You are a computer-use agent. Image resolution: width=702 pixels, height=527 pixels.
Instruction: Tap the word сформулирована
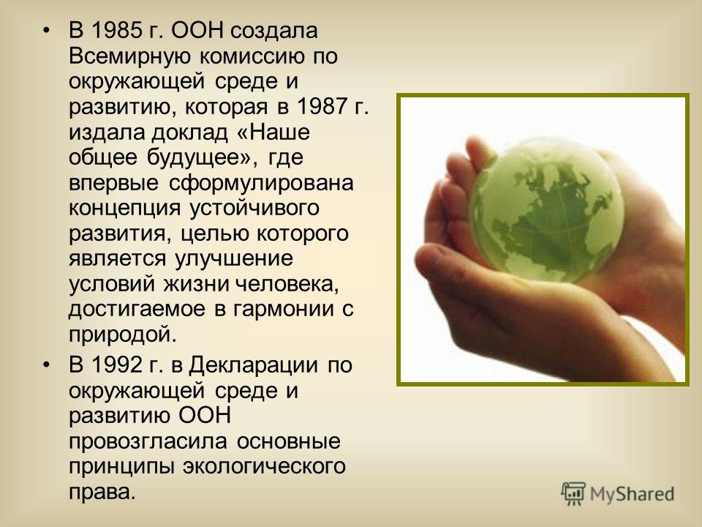(x=261, y=184)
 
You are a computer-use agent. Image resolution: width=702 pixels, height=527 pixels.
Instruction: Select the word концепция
(x=124, y=209)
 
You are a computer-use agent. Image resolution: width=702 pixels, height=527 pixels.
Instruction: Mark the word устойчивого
(x=254, y=209)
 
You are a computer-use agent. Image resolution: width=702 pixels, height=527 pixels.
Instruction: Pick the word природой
(x=123, y=334)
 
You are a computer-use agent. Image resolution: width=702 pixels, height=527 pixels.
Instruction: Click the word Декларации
(x=253, y=366)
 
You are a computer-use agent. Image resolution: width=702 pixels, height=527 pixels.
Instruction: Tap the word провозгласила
(x=148, y=442)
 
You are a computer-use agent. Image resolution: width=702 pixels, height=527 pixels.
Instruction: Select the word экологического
(x=264, y=467)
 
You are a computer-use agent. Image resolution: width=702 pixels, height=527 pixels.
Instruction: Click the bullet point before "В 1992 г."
(x=45, y=366)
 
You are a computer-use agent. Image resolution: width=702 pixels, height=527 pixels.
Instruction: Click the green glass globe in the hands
(x=546, y=210)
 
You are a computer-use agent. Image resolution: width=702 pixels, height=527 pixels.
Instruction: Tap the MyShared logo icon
(x=573, y=494)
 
